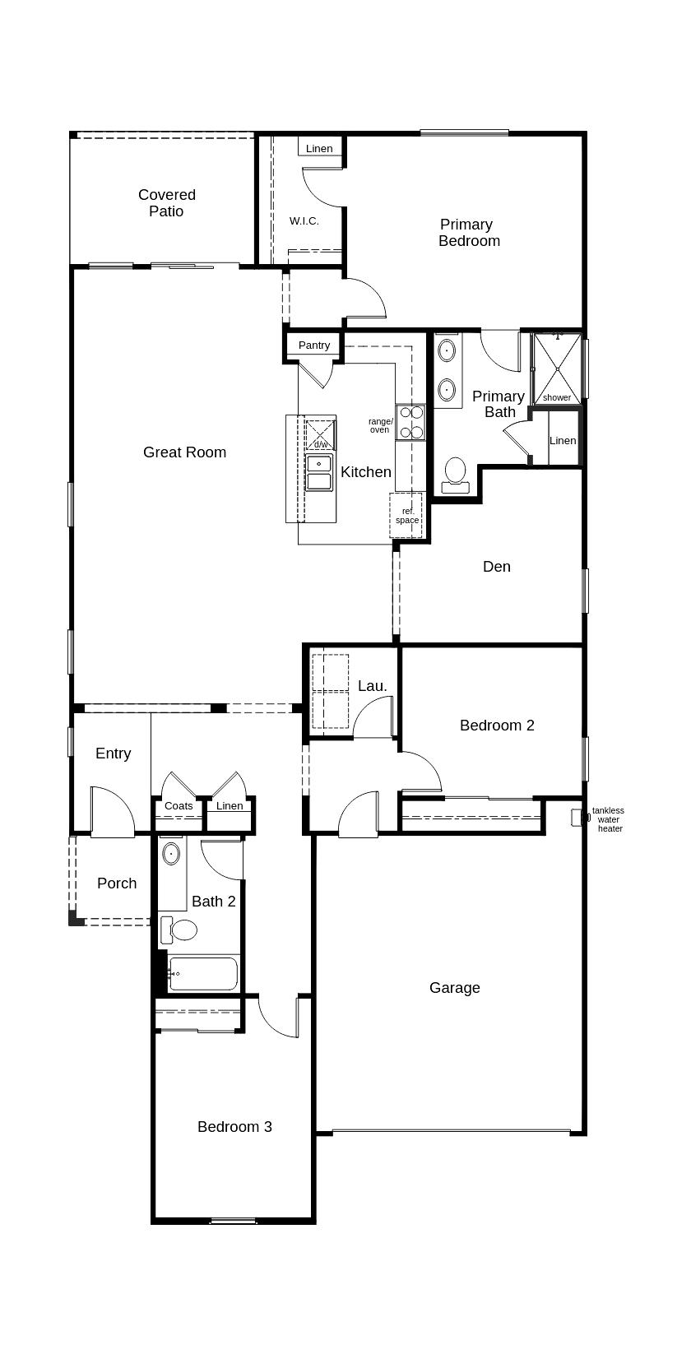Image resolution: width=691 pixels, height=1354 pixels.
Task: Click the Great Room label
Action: tap(184, 452)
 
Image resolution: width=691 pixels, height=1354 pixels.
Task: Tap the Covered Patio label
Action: tap(167, 203)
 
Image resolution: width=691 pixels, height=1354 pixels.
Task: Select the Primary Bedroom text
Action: tap(469, 233)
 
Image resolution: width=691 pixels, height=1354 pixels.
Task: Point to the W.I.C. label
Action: tap(304, 221)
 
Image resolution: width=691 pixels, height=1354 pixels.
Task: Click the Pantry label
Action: tap(314, 345)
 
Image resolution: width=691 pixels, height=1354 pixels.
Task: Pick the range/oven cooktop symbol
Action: tap(411, 422)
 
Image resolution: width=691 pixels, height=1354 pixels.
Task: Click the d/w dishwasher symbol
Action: tap(319, 434)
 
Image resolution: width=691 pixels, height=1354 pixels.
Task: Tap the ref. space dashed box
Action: tap(406, 516)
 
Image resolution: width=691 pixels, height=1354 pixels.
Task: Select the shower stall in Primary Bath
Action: tap(556, 369)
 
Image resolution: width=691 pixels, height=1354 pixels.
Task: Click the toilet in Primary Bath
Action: tap(455, 475)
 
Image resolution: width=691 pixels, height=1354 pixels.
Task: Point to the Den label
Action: tap(497, 567)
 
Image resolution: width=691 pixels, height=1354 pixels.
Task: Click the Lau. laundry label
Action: tap(373, 686)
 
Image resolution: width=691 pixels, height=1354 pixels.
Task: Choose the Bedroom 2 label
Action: tap(498, 726)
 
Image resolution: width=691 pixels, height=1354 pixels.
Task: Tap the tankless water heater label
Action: tap(609, 819)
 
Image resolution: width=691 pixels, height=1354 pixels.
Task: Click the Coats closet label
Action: tap(179, 806)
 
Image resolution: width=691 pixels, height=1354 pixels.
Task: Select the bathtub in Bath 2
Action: tap(203, 974)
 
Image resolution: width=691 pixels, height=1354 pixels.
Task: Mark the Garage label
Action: tap(455, 988)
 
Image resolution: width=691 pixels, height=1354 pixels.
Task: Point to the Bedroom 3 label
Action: tap(234, 1127)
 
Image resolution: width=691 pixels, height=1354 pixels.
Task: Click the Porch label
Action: tap(117, 883)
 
